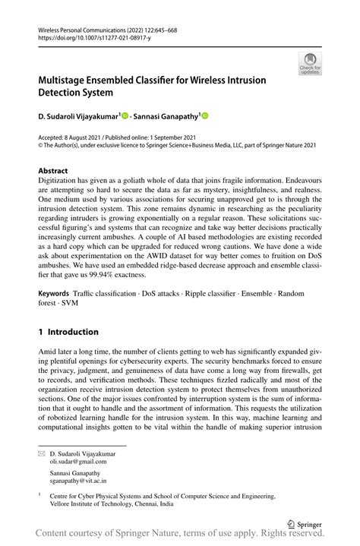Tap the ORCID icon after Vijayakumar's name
tap(125, 115)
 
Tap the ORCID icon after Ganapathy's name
tap(204, 115)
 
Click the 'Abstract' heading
tap(52, 171)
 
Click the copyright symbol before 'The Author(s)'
tap(41, 144)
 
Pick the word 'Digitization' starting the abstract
tap(56, 182)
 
